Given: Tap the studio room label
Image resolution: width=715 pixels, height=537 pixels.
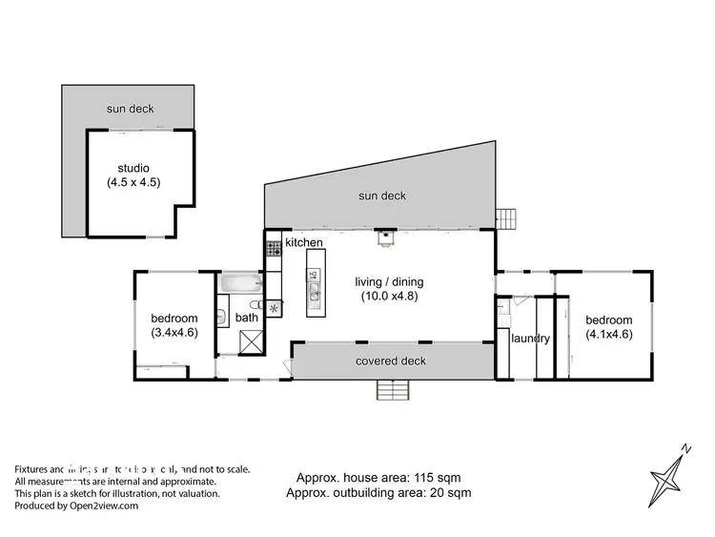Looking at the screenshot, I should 133,169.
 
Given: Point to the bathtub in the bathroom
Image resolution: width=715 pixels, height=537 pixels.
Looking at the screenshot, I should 239,283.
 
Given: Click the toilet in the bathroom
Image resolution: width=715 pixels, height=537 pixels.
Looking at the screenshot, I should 222,318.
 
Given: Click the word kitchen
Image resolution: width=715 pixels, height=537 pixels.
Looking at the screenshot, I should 303,244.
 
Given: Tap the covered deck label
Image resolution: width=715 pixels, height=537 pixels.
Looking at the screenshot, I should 391,361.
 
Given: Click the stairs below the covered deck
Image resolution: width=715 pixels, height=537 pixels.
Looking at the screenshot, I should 393,390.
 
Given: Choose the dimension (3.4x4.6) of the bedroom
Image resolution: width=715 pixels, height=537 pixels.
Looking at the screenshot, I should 174,333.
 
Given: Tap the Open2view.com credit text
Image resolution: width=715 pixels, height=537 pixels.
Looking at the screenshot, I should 76,506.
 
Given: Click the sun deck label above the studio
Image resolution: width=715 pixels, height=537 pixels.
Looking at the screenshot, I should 130,110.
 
